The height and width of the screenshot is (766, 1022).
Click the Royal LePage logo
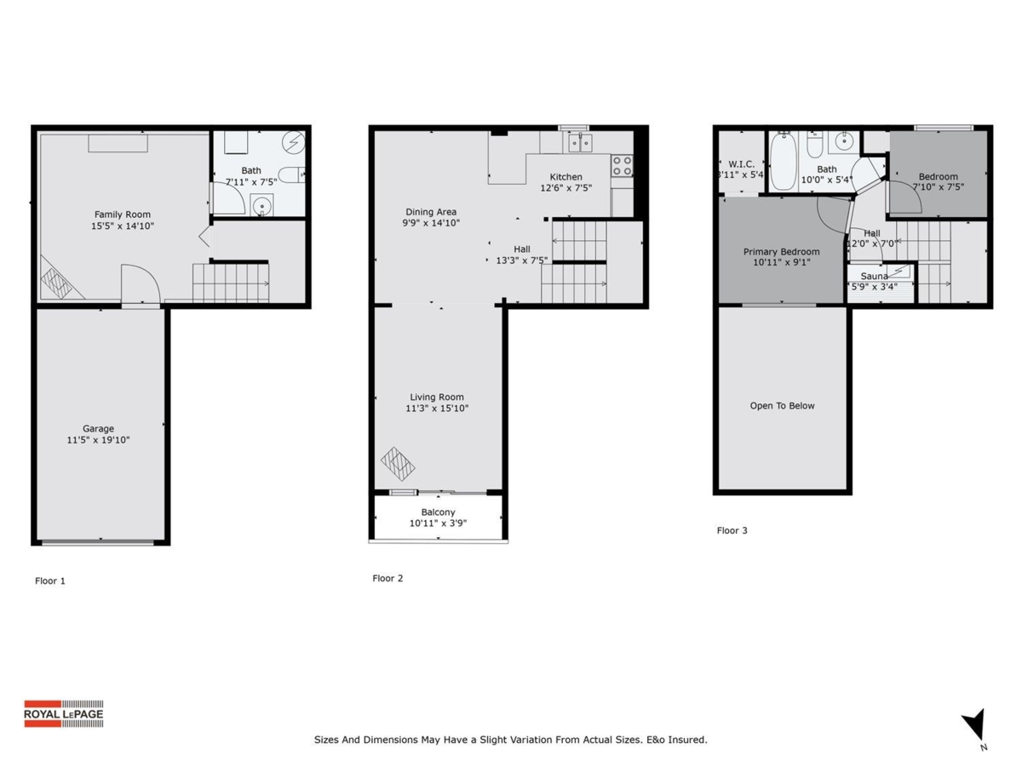point(63,713)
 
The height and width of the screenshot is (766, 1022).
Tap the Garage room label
point(98,429)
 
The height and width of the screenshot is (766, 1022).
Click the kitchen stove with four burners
point(622,165)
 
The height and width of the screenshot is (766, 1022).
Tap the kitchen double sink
point(581,142)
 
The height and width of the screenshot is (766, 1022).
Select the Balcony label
point(438,512)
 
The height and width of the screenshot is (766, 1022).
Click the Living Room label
point(437,397)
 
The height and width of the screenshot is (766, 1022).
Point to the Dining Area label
point(431,212)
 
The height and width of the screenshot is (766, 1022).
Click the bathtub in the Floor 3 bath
point(782,162)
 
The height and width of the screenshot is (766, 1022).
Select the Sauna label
point(875,277)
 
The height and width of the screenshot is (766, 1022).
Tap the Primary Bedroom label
point(781,252)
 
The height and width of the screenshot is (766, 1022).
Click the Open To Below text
point(782,406)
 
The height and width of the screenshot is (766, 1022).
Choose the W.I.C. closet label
point(737,163)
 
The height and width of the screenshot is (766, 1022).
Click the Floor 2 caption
point(388,579)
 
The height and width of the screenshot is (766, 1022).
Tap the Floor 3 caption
point(732,531)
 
